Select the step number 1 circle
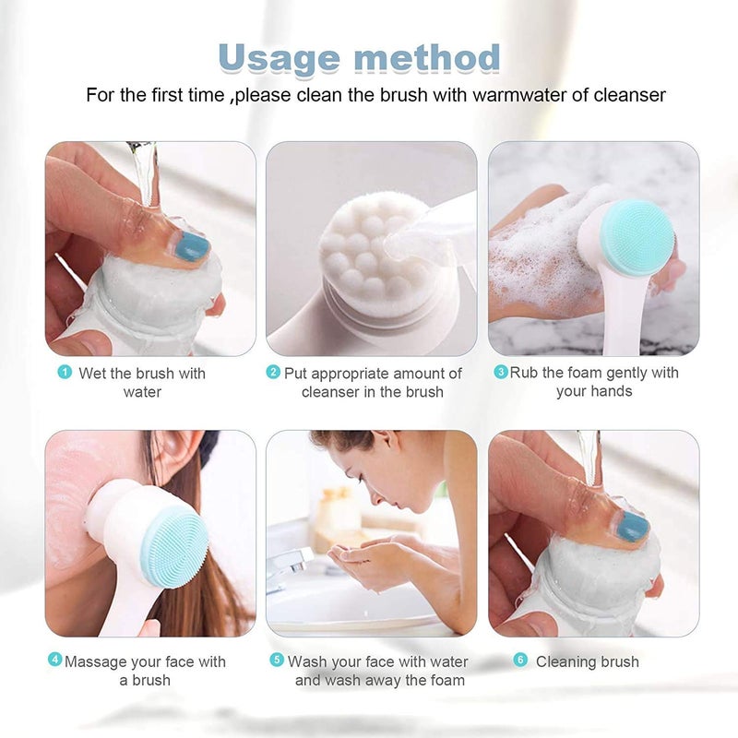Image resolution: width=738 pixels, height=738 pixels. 65,373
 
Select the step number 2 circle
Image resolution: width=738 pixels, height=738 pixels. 273,373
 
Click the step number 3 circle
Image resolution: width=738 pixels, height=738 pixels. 501,373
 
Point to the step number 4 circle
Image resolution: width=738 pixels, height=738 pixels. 54,661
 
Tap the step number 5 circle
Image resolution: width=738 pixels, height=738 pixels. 276,661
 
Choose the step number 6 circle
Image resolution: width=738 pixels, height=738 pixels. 519,661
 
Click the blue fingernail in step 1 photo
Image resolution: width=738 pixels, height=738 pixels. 192,245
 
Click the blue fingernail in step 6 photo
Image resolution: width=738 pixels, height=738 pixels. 633,526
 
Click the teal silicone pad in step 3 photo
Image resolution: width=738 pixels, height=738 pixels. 637,237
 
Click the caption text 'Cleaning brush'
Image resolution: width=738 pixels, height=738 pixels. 587,661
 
